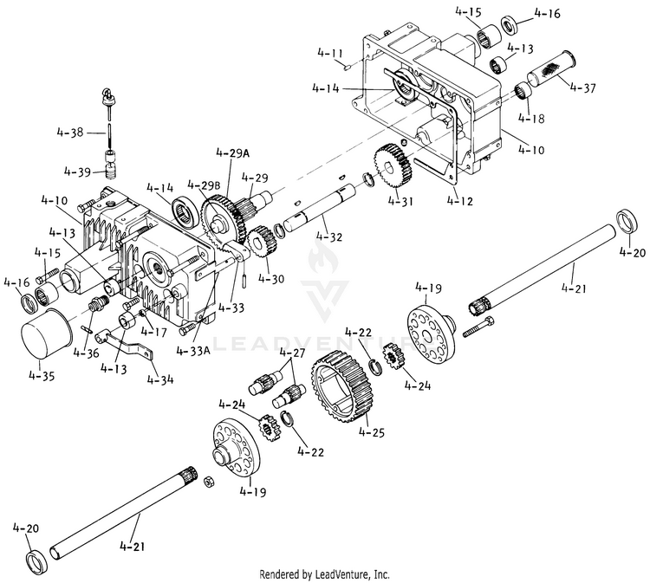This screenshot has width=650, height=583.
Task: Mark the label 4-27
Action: (x=293, y=353)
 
